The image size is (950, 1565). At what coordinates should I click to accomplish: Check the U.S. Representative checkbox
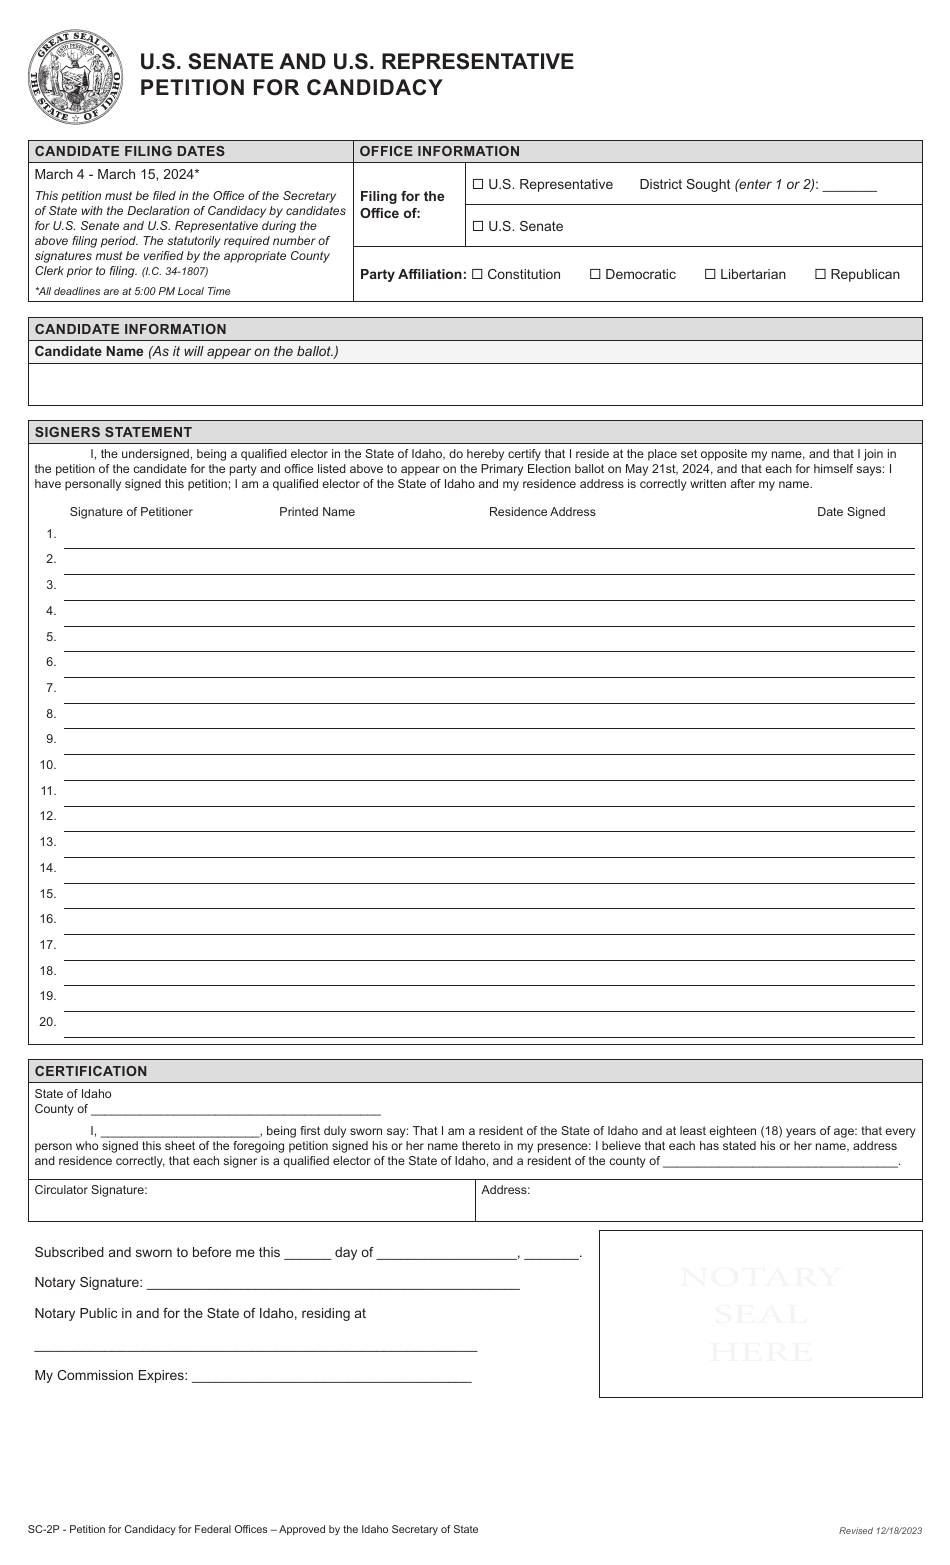point(478,185)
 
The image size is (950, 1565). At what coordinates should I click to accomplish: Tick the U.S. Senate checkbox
point(478,227)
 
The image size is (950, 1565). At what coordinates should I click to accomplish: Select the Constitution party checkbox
point(477,275)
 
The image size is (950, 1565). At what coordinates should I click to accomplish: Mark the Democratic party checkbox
point(595,275)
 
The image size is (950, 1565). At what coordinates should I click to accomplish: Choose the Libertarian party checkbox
point(710,275)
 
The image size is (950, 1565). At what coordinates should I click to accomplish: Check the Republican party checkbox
point(820,275)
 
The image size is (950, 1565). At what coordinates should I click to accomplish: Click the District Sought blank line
point(849,187)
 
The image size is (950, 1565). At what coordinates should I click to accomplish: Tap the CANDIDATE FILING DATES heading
point(130,151)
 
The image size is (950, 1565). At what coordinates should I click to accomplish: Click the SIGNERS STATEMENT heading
point(113,432)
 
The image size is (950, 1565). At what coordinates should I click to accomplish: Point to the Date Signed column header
point(851,512)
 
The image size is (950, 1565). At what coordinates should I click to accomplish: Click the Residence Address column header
point(542,512)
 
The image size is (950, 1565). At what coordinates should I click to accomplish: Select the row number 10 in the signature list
point(48,765)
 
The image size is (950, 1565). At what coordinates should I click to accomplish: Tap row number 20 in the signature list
point(48,1022)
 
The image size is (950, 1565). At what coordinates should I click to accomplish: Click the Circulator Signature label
point(91,1190)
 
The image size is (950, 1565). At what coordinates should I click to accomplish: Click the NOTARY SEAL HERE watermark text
point(760,1314)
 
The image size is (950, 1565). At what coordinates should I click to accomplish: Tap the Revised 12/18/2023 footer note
point(881,1531)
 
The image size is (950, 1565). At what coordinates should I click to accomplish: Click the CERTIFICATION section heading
point(91,1071)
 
